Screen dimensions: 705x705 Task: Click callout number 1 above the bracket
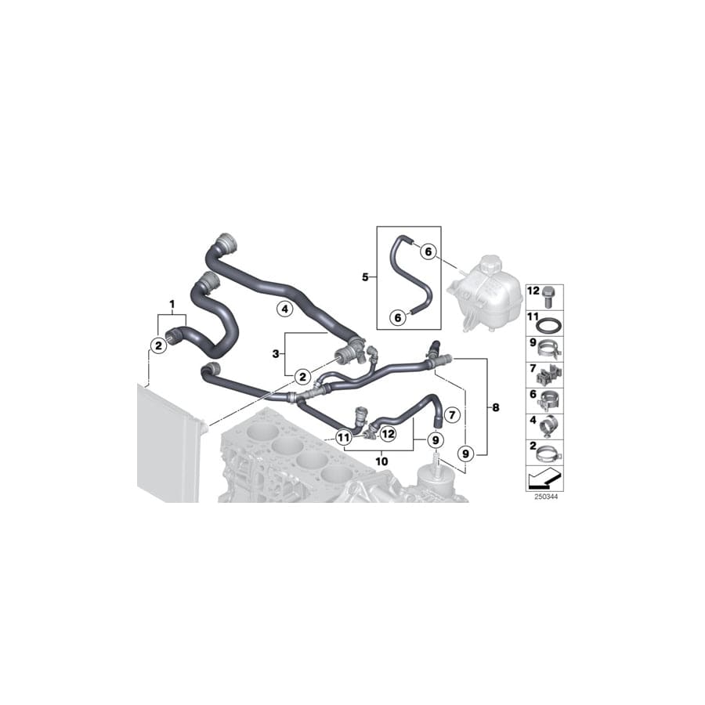pyautogui.click(x=171, y=302)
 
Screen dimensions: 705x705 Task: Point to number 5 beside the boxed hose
pyautogui.click(x=364, y=277)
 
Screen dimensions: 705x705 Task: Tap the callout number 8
pyautogui.click(x=494, y=407)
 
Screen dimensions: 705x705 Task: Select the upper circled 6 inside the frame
pyautogui.click(x=427, y=251)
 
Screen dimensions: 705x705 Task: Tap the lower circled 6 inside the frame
pyautogui.click(x=398, y=317)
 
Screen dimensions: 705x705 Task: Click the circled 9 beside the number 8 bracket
pyautogui.click(x=465, y=452)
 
